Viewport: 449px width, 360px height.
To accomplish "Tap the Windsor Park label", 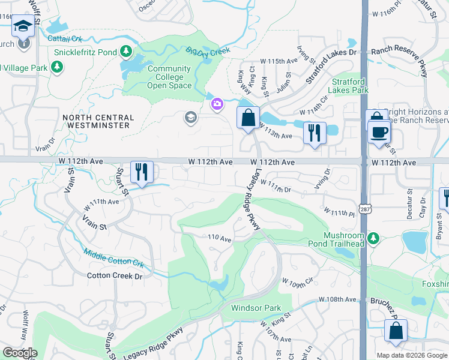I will pyautogui.click(x=256, y=308).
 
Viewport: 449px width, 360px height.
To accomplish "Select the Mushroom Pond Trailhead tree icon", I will pyautogui.click(x=373, y=239).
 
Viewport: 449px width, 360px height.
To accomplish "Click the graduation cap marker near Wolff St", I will pyautogui.click(x=23, y=26).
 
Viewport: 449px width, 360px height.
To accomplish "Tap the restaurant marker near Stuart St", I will pyautogui.click(x=142, y=171).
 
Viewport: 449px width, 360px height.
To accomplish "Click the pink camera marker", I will pyautogui.click(x=216, y=104).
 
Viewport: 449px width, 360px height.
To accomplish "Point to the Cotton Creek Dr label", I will pyautogui.click(x=115, y=276).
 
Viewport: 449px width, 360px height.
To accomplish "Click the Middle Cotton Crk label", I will pyautogui.click(x=114, y=259).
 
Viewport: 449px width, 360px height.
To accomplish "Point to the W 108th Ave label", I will pyautogui.click(x=338, y=299).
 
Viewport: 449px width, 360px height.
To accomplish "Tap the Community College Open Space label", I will pyautogui.click(x=169, y=77).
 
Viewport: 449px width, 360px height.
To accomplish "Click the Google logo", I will pyautogui.click(x=20, y=353).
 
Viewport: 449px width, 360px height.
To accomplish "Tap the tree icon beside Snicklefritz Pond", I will pyautogui.click(x=125, y=51).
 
